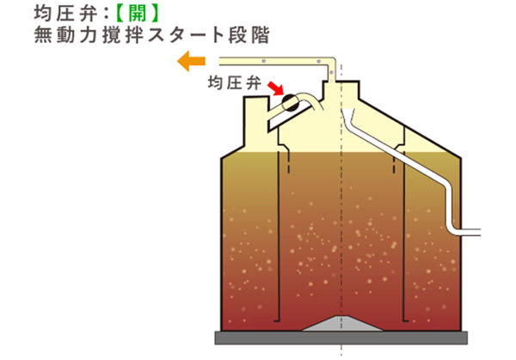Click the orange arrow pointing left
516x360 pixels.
click(x=191, y=61)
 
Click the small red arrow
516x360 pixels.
click(x=275, y=88)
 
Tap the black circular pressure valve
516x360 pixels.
click(x=291, y=102)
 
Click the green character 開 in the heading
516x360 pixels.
click(x=138, y=14)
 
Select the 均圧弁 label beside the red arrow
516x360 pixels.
click(x=234, y=82)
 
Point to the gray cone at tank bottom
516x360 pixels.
click(x=342, y=323)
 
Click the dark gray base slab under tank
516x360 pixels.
click(x=341, y=338)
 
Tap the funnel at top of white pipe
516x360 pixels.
click(x=349, y=114)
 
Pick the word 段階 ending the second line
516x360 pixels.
click(x=249, y=35)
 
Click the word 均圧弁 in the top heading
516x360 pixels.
click(x=65, y=14)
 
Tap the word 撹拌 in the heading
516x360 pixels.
click(x=123, y=35)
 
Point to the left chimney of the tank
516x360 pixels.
click(x=256, y=122)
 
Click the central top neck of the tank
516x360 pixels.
click(x=341, y=90)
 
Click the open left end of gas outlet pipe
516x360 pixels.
click(x=220, y=61)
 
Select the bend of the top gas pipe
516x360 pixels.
click(x=332, y=62)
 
